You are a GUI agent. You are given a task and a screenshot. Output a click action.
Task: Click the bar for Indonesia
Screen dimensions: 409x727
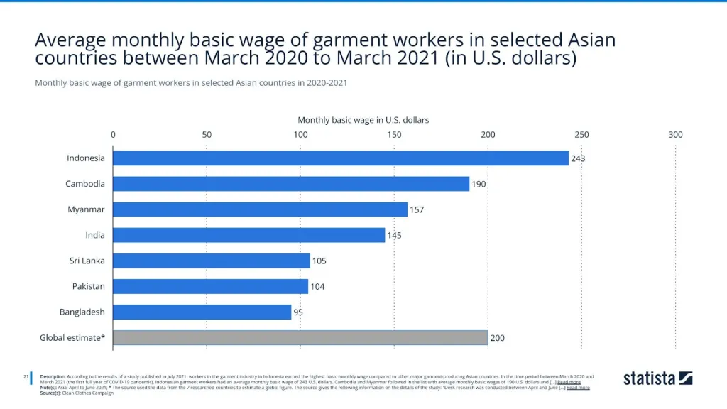point(341,158)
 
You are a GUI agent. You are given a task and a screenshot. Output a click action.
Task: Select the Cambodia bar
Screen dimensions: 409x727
point(291,184)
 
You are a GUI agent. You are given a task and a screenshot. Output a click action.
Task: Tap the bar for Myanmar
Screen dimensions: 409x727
point(260,209)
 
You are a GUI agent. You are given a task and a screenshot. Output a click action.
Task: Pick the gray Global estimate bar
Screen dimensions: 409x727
point(300,338)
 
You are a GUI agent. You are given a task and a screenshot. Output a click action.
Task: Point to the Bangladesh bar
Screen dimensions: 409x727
point(202,312)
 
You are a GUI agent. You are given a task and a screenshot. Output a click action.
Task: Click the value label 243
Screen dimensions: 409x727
point(578,158)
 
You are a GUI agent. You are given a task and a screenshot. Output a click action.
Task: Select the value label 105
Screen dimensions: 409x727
point(319,261)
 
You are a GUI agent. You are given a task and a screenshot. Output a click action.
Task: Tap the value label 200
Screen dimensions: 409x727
point(497,338)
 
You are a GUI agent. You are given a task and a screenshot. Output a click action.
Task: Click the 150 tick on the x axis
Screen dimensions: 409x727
point(394,134)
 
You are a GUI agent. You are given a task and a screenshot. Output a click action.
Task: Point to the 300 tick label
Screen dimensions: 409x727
point(675,134)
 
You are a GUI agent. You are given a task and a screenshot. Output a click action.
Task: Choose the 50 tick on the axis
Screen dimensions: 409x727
point(207,134)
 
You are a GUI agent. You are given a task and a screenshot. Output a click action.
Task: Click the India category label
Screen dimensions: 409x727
point(95,235)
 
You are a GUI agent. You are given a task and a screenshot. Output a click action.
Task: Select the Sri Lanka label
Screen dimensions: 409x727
point(87,261)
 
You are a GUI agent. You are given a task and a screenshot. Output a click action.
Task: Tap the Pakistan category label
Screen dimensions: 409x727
point(89,286)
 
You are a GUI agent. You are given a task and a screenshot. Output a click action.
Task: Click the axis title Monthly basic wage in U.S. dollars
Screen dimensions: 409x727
point(363,120)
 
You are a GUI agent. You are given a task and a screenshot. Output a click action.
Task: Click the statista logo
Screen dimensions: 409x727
point(657,378)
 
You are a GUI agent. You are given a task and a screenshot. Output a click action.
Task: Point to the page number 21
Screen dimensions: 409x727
point(26,376)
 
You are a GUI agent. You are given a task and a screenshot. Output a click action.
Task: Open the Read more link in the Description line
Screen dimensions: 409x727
point(569,382)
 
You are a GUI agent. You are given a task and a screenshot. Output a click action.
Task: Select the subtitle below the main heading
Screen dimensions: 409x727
point(190,83)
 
